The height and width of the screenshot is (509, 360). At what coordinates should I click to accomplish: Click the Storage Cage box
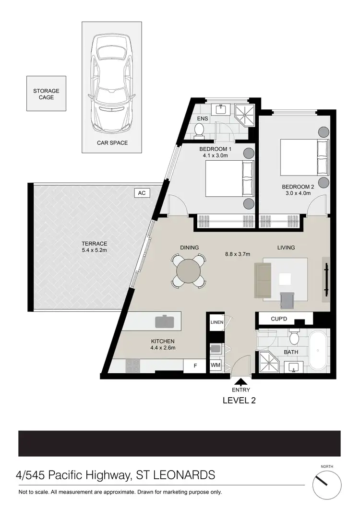[x=46, y=94]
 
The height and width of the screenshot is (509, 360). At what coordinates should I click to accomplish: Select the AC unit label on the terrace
[x=142, y=193]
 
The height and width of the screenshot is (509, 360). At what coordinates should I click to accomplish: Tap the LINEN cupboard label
[x=216, y=322]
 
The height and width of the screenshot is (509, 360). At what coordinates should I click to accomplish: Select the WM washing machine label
[x=216, y=366]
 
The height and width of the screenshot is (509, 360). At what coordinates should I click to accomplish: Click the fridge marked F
[x=195, y=366]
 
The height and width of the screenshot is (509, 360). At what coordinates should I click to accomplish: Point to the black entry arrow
[x=240, y=382]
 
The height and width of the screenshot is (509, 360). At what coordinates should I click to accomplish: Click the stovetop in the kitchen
[x=132, y=366]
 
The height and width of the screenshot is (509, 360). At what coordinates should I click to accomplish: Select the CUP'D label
[x=279, y=319]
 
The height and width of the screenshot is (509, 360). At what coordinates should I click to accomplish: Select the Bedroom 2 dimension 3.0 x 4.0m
[x=296, y=193]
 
